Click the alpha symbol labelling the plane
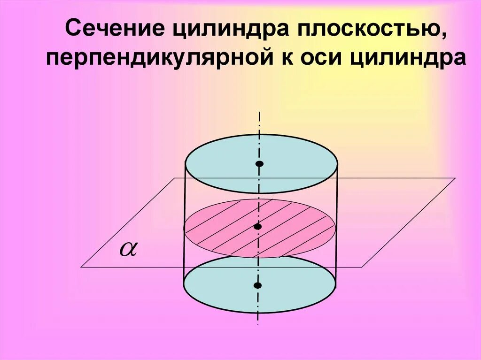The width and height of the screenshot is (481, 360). (127, 249)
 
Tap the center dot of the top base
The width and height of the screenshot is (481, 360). (259, 164)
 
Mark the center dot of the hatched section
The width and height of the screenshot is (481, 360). (257, 227)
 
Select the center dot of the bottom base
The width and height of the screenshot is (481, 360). (257, 285)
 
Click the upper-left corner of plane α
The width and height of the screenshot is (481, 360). (175, 178)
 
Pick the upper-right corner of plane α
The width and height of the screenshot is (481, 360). (455, 178)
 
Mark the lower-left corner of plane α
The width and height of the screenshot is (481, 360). (81, 267)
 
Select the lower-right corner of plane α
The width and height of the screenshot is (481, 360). (362, 267)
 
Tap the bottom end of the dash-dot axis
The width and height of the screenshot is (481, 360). (257, 324)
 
